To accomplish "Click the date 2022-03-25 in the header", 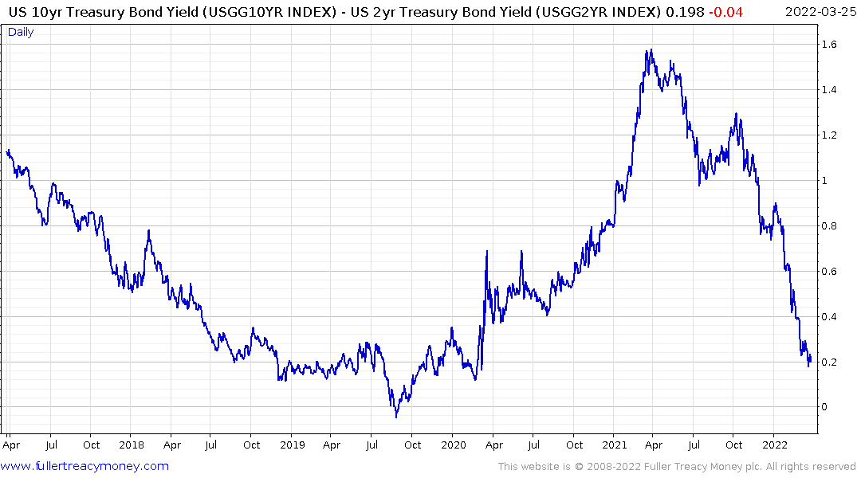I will [x=818, y=11].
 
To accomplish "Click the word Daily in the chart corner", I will [x=21, y=32].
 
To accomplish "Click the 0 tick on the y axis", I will [x=826, y=407].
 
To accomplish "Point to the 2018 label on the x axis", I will [x=131, y=445].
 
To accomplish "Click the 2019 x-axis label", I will [x=292, y=445].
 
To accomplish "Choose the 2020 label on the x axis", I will [x=453, y=445].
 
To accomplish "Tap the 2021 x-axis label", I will [x=614, y=445].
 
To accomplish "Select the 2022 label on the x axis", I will [x=775, y=445].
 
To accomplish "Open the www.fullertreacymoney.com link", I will [x=85, y=466].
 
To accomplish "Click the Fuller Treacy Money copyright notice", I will [x=677, y=467].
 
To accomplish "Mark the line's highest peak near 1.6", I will [x=651, y=50].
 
